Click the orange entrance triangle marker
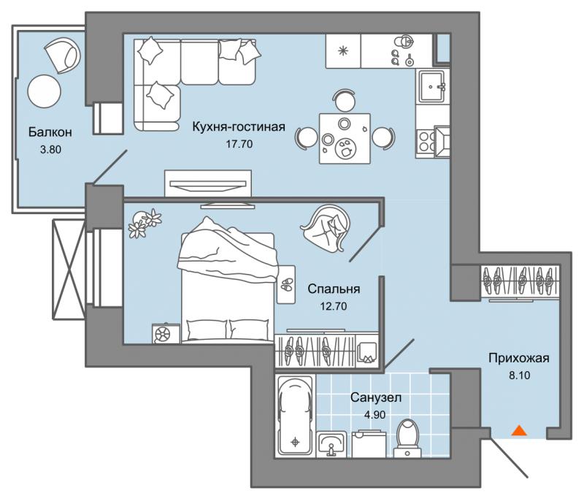point(519,431)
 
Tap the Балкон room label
point(50,132)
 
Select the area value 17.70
point(239,144)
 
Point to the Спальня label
point(334,289)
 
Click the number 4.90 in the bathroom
point(374,414)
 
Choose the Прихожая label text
point(519,358)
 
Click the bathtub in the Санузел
point(295,416)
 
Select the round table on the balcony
point(44,91)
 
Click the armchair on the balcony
point(63,54)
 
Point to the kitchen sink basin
point(431,86)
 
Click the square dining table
point(345,139)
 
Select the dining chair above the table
point(345,100)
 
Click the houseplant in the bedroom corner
point(145,223)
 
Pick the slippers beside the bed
point(286,284)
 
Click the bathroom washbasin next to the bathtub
point(331,444)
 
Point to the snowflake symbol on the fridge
point(343,50)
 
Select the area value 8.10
point(520,375)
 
